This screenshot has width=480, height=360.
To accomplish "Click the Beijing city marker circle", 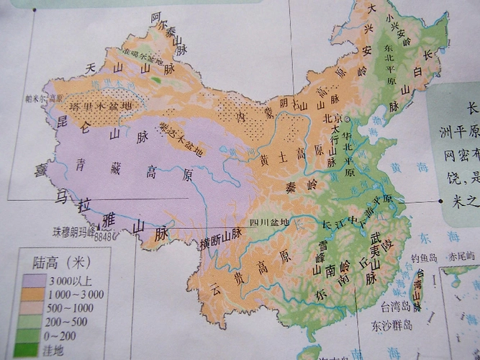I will [x=346, y=120].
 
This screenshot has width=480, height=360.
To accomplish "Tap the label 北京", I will [x=332, y=119].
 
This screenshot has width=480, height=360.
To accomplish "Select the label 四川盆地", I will [x=266, y=222].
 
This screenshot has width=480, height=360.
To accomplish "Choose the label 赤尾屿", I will [x=461, y=256].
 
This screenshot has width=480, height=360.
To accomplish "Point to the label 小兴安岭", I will [x=397, y=32].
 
